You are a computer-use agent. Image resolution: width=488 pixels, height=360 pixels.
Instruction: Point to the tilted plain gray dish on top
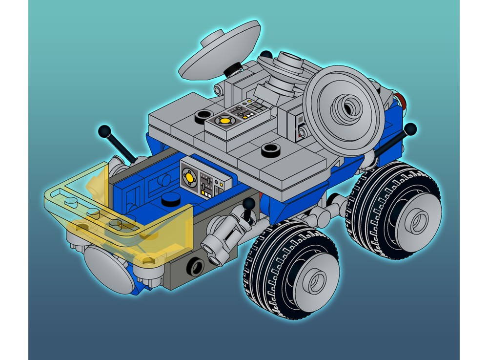pos(220,49)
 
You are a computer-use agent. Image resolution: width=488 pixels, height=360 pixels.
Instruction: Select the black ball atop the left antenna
pos(104,131)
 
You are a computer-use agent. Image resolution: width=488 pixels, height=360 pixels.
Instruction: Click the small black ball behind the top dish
pos(266,54)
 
